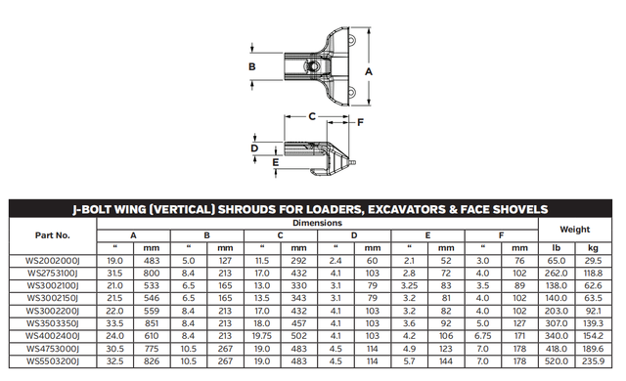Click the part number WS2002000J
tap(53, 261)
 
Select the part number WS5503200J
tap(53, 361)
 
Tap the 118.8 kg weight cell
tap(593, 274)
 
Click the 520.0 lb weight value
tap(557, 361)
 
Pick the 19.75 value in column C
tap(262, 336)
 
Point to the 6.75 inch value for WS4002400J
tap(482, 336)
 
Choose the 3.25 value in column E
tap(409, 285)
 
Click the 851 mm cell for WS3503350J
tap(152, 323)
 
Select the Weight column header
tap(574, 230)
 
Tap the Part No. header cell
tap(52, 235)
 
